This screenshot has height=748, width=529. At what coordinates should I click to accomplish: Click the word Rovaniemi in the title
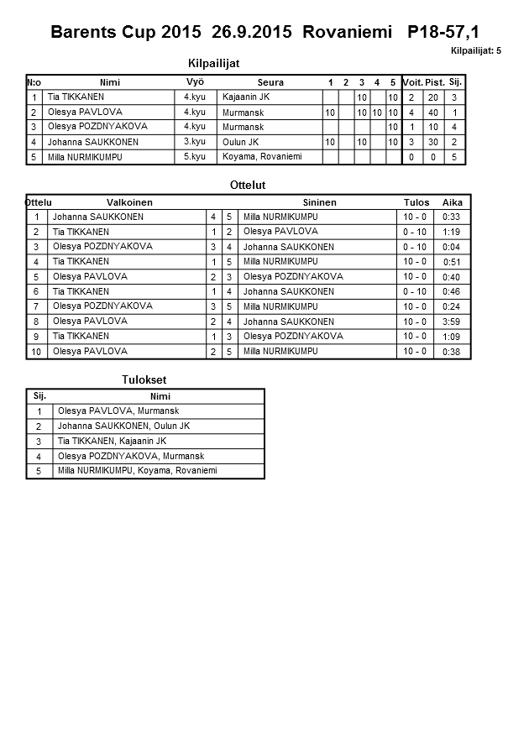point(349,33)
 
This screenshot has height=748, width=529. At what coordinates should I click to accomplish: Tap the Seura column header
point(270,82)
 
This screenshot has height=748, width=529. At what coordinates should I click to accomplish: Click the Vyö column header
point(194,82)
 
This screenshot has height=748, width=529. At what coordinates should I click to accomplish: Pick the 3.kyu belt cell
point(194,142)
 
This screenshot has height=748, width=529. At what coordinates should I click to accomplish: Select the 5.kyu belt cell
point(194,156)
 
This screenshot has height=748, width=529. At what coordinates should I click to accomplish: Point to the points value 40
point(433,112)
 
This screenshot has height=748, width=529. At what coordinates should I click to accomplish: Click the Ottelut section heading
point(247,185)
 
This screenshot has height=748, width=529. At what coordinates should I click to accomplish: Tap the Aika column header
point(453,202)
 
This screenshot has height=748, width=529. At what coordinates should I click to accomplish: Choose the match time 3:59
point(452,322)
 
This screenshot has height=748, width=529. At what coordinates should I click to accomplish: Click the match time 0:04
point(452,247)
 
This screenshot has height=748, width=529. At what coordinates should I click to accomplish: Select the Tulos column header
point(416,202)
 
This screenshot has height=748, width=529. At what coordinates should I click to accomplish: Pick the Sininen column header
point(319,202)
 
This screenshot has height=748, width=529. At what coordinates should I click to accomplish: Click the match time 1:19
point(452,232)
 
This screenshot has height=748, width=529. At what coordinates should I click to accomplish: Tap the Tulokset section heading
point(144,380)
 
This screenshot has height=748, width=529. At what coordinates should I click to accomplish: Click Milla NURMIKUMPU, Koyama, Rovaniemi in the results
point(137,471)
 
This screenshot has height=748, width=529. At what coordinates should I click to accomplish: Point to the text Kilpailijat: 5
point(476,51)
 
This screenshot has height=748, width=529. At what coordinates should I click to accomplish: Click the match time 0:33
point(452,217)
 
